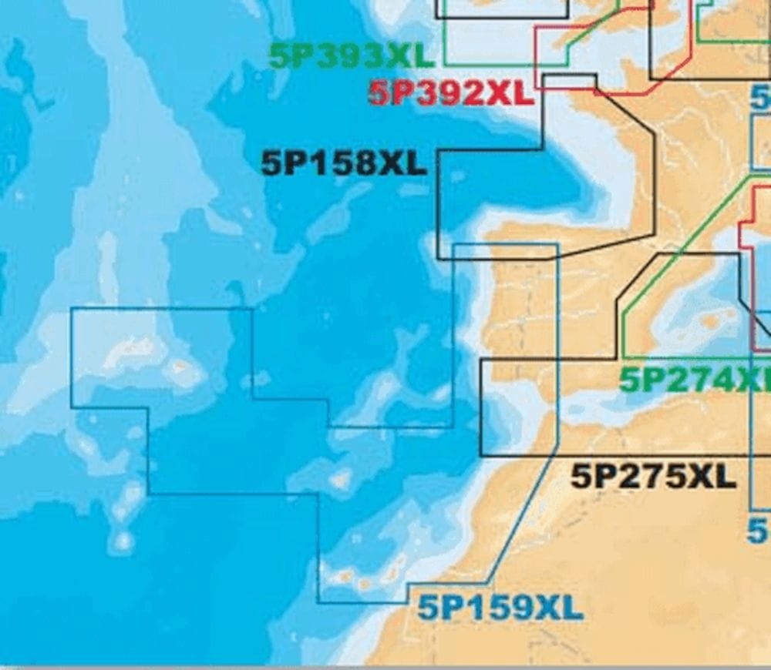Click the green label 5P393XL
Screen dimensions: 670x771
352,55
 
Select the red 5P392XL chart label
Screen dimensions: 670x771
450,94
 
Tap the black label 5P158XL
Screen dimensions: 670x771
344,162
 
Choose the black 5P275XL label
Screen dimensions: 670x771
653,477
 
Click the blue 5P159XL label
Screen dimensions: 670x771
500,609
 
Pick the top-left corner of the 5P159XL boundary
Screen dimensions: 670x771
71,309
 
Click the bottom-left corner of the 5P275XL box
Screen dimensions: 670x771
480,456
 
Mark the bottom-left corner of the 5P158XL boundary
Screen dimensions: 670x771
438,259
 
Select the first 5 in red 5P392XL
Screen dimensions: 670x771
380,94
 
